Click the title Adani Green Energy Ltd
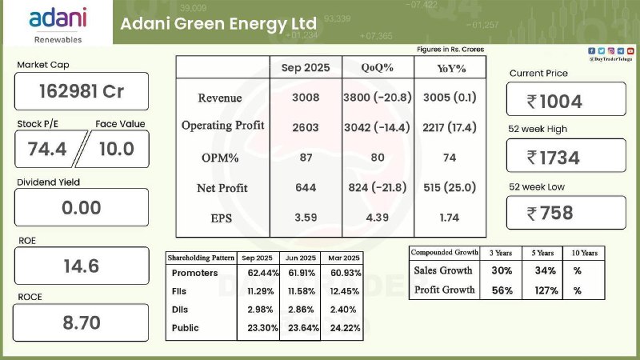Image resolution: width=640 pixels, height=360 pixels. [x=218, y=23]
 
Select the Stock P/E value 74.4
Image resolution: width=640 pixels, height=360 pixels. [x=49, y=148]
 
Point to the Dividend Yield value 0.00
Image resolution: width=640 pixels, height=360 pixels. [x=82, y=208]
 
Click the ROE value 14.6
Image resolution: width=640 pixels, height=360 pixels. [x=82, y=266]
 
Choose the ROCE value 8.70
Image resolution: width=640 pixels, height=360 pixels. [x=82, y=323]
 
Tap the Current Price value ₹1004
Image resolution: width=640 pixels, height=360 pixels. [x=566, y=101]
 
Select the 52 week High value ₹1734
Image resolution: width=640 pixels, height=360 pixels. [x=566, y=158]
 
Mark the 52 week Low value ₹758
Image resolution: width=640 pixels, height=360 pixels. [x=566, y=213]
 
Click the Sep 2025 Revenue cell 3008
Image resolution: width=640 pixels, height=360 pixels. [x=306, y=98]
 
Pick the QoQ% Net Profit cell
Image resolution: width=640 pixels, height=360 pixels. [x=378, y=188]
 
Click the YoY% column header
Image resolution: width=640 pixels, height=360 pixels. [x=450, y=68]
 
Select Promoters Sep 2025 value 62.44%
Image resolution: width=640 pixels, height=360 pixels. [x=258, y=274]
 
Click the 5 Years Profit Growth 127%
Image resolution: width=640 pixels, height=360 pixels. [x=546, y=290]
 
